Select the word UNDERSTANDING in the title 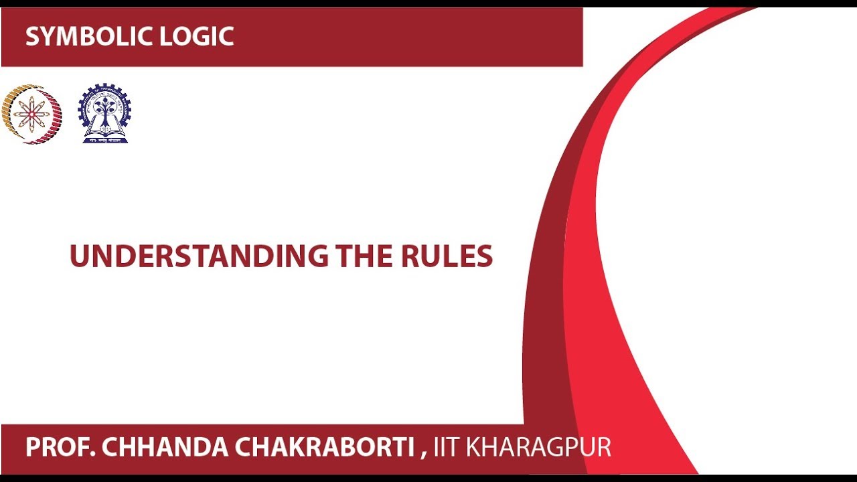tap(199, 256)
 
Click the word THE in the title tap(366, 256)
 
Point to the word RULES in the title tap(447, 256)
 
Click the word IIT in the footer tap(447, 447)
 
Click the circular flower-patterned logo tap(31, 114)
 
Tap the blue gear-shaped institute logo tap(104, 113)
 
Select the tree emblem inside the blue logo tap(104, 109)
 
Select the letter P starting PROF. tap(32, 447)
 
